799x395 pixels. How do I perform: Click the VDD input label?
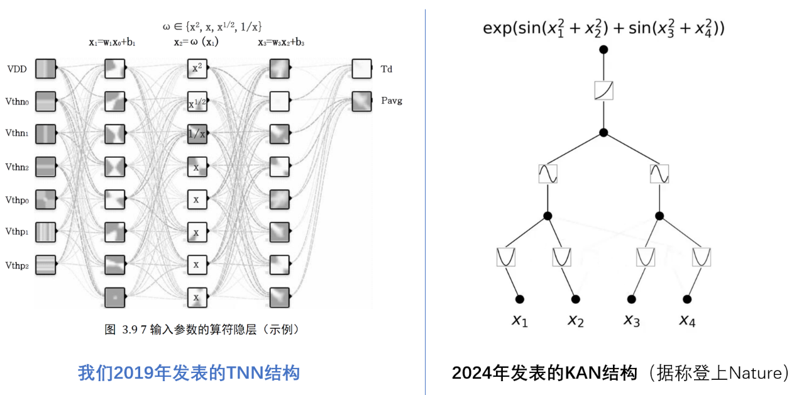17,69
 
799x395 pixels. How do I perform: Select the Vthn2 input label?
17,167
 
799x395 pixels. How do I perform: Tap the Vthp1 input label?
17,232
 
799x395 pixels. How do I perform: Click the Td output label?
387,69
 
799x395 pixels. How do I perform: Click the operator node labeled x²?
197,68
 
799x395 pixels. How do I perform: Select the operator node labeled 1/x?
197,133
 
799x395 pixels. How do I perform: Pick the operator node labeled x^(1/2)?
197,101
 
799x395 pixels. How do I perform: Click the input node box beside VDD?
46,68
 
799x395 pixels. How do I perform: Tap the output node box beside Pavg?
361,101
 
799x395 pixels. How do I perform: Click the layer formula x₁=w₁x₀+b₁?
112,43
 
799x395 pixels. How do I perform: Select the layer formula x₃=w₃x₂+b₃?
281,43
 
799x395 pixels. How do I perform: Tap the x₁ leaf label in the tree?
520,321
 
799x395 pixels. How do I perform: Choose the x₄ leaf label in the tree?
687,321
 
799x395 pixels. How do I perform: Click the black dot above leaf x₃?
631,299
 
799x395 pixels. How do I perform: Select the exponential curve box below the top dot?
603,91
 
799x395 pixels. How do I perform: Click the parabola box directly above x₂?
562,257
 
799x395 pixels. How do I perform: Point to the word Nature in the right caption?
752,373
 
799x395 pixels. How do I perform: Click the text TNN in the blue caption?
242,373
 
